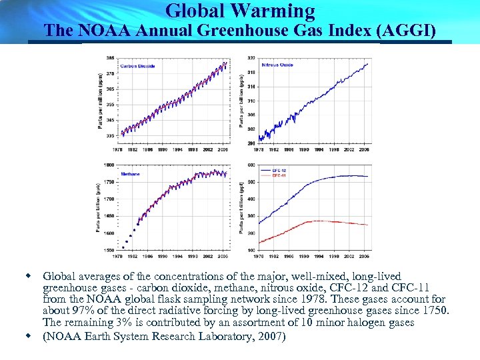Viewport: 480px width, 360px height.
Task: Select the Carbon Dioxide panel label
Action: [138, 66]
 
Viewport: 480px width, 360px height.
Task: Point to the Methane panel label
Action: [130, 174]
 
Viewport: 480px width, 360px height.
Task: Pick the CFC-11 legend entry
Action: [281, 175]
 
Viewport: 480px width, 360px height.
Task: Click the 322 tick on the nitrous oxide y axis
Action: [251, 57]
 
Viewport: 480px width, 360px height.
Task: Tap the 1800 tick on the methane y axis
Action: [109, 164]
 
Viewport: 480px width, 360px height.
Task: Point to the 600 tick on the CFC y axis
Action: [251, 165]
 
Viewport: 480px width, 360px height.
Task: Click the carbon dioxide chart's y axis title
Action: [100, 100]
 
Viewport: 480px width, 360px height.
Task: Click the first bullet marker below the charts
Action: [28, 275]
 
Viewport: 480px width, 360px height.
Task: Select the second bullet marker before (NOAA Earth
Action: [28, 335]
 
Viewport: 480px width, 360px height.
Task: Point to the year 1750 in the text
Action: [437, 311]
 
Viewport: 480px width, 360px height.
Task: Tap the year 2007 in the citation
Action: [271, 336]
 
